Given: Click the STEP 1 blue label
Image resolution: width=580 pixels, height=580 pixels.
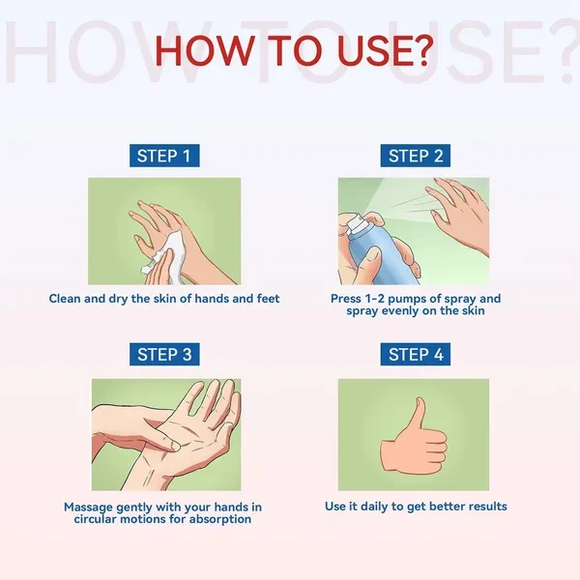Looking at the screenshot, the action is [x=164, y=156].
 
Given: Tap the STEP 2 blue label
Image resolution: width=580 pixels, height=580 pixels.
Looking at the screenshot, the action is [x=416, y=156].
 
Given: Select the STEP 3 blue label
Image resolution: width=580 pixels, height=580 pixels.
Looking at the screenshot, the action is [x=164, y=355].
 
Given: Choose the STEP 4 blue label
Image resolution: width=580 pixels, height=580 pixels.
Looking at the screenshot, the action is [x=416, y=355].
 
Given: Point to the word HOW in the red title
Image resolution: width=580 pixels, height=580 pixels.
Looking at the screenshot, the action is [x=205, y=50].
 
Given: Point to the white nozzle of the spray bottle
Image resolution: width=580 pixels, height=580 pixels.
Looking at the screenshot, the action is [x=356, y=223].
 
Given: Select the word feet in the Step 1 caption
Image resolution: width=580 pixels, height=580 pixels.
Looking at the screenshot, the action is [x=268, y=299].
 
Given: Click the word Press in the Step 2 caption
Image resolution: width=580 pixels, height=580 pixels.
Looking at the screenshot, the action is [x=346, y=299].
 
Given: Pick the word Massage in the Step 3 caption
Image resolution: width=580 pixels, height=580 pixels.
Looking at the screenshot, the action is [x=88, y=507].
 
